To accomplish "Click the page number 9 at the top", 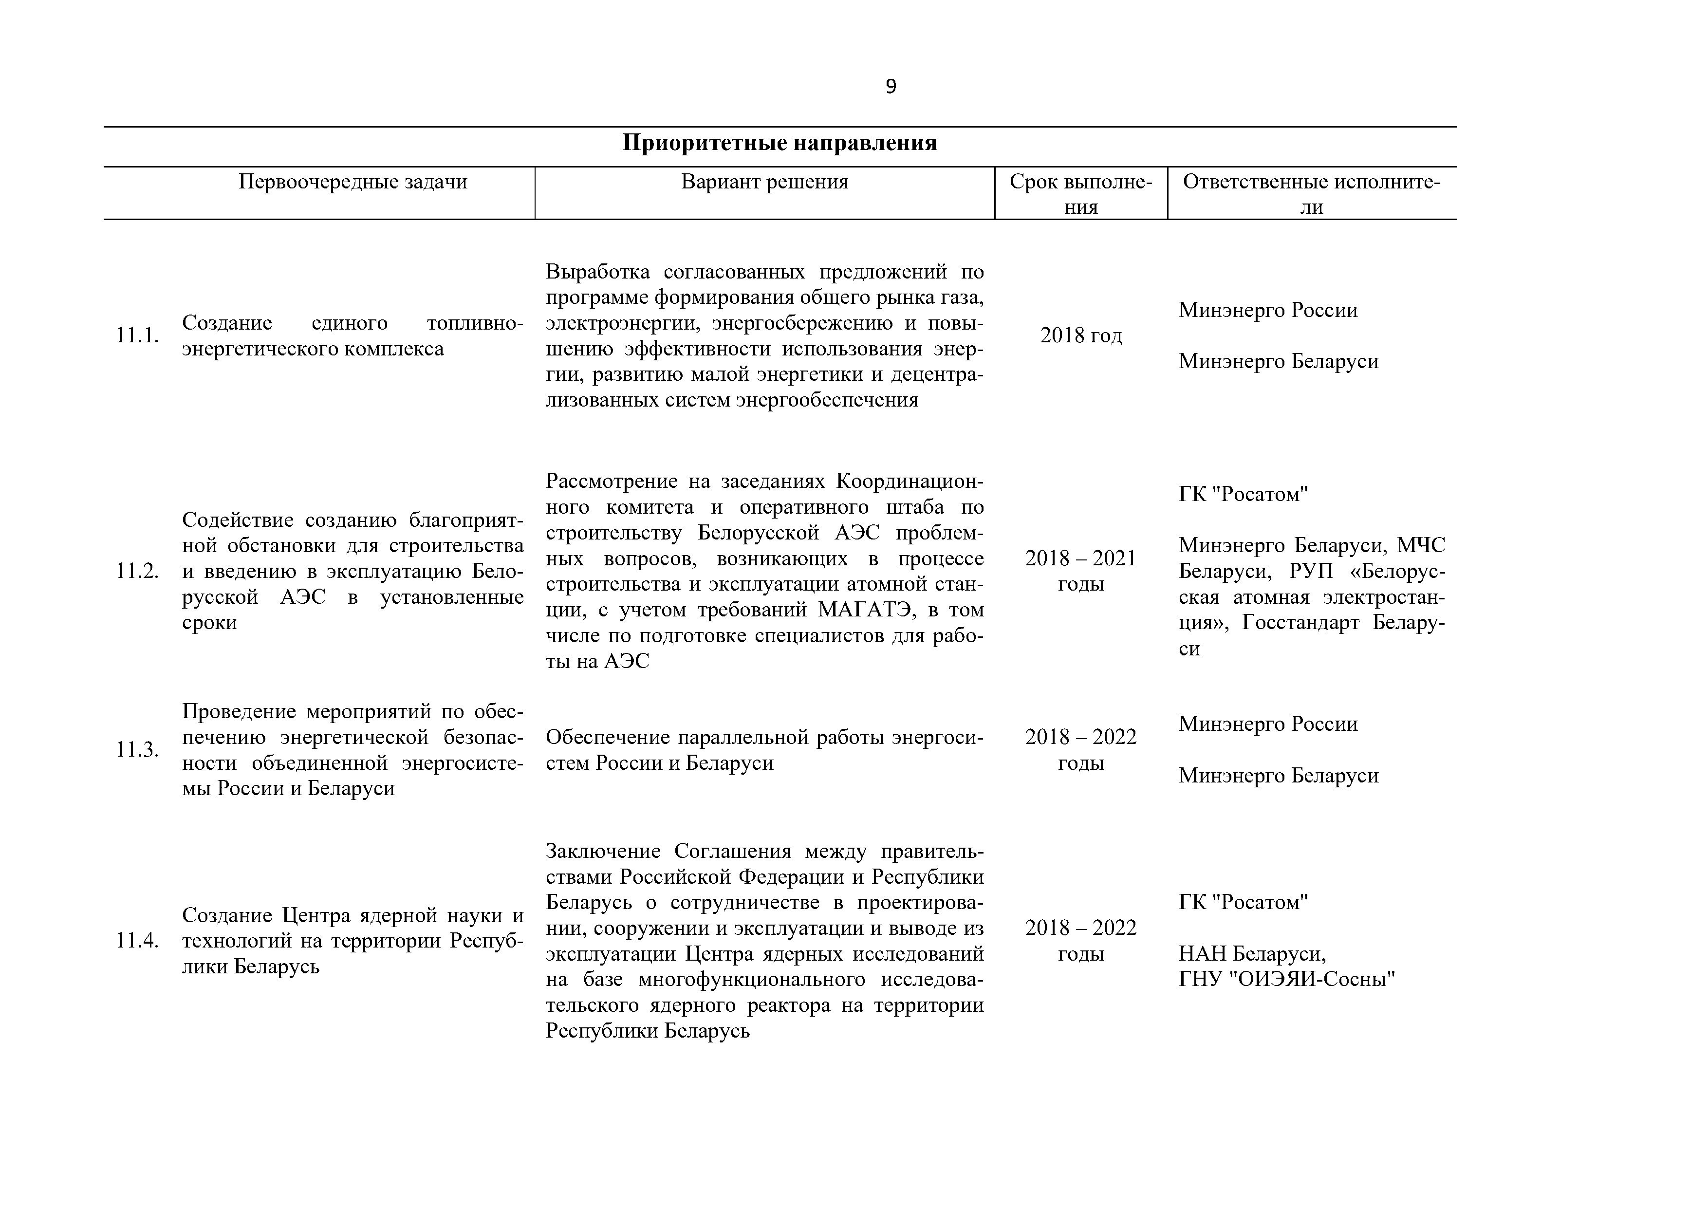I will [891, 87].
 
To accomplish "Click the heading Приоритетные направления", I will [779, 143].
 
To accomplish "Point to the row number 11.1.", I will [138, 335].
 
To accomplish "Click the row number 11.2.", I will [138, 571].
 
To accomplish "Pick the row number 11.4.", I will [138, 941].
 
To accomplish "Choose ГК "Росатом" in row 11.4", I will [1243, 902].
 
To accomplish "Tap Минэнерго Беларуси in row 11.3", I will [1278, 776].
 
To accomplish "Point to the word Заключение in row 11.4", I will [604, 851].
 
